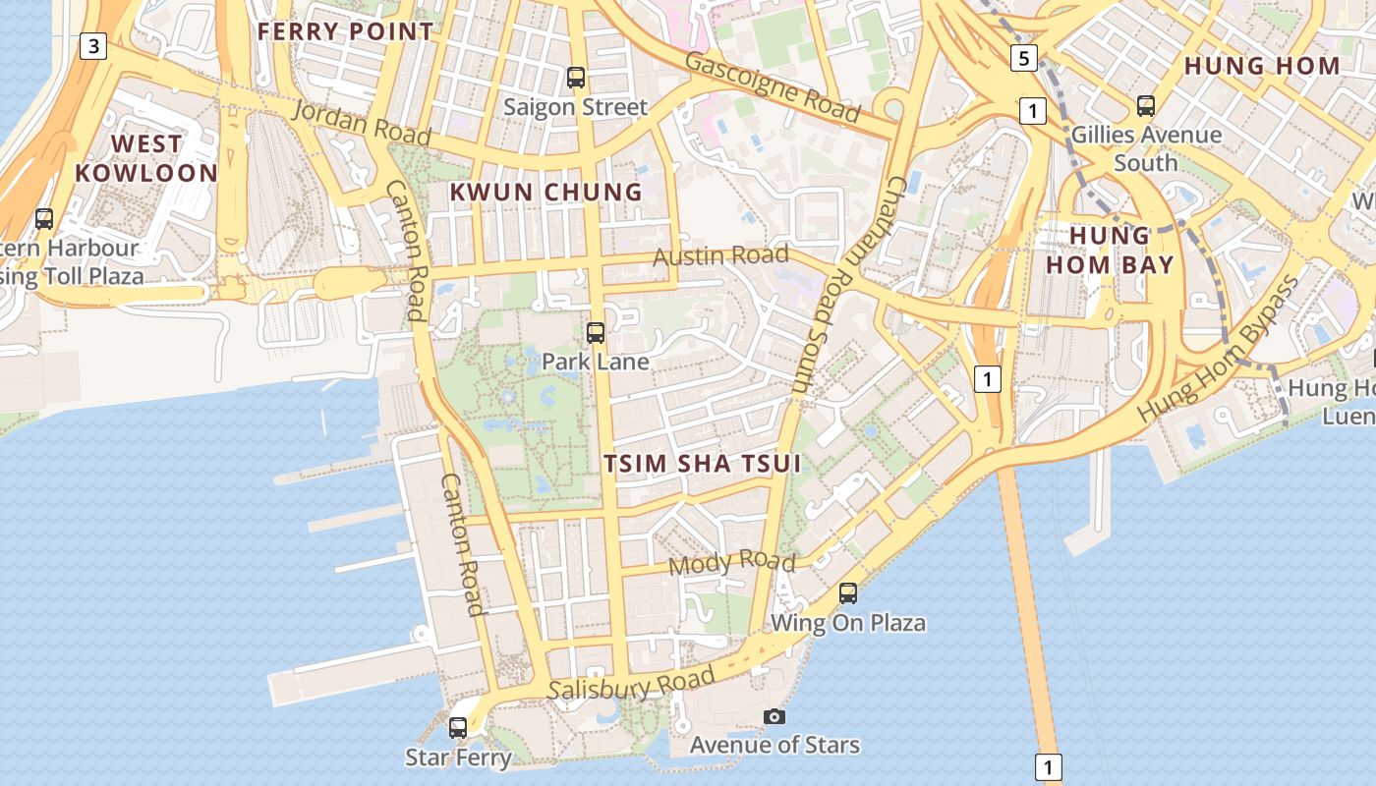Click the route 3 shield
pos(92,45)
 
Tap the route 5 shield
pos(1024,59)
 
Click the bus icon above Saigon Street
pos(576,77)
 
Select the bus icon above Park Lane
pos(595,332)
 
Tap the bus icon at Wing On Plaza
pos(848,593)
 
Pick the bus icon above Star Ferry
pos(458,728)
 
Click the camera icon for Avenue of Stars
pos(774,716)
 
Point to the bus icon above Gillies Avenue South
pos(1146,105)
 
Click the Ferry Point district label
pos(345,31)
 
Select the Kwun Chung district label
pos(545,193)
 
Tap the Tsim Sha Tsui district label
pos(703,464)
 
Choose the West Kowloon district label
pos(146,158)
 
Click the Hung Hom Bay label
pos(1110,250)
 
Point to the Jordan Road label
pos(362,122)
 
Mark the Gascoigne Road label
pos(773,87)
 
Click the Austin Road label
pos(720,256)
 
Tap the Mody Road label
pos(731,563)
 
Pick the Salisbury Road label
pos(631,685)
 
